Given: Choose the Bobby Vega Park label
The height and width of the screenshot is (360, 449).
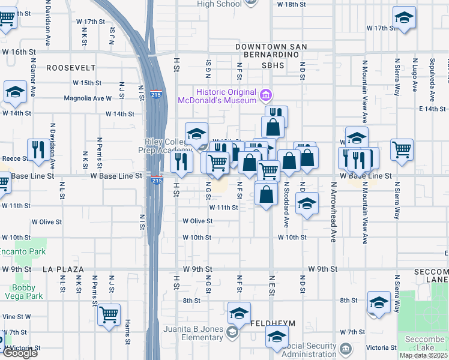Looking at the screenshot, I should (26, 292).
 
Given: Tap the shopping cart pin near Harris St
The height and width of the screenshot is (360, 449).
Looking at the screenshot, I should (109, 314).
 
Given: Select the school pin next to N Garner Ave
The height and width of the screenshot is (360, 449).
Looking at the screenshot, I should (15, 92).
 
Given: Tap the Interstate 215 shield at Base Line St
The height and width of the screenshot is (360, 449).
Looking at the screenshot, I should (157, 179).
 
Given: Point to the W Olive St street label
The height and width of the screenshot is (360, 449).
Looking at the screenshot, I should (197, 221).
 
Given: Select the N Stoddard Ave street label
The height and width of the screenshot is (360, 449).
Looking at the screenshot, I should (287, 208).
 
